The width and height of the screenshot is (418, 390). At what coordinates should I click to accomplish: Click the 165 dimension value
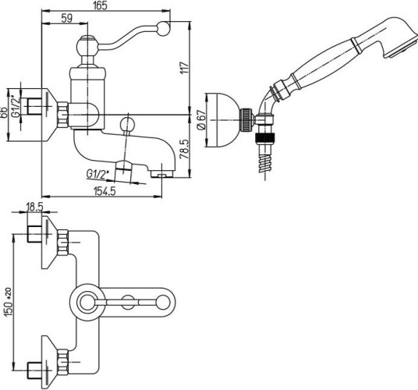(101, 5)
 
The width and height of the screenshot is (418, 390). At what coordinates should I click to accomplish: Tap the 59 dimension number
(66, 18)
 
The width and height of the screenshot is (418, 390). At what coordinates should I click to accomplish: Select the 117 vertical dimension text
(185, 68)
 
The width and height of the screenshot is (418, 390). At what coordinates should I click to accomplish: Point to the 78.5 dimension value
(185, 149)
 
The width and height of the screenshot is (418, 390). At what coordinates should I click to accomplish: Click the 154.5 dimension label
(104, 191)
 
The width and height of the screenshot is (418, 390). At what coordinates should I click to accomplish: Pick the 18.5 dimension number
(34, 207)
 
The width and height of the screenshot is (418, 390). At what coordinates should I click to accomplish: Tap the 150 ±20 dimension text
(8, 302)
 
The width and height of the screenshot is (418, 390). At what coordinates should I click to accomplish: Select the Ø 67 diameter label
(201, 119)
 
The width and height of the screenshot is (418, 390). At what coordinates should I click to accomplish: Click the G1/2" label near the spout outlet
(97, 175)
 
